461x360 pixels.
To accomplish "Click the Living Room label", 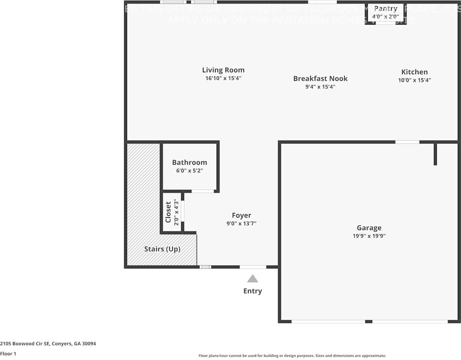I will click(x=223, y=70).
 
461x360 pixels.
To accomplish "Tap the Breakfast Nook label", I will click(x=320, y=78).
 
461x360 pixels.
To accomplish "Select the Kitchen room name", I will click(x=414, y=72).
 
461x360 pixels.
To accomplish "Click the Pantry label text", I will click(x=386, y=8).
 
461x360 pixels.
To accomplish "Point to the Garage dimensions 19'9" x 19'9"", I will click(x=369, y=236).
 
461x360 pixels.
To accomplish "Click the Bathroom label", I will click(x=189, y=162).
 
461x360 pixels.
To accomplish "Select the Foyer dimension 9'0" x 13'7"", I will click(x=241, y=223).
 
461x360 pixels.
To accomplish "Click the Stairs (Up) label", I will click(x=162, y=249).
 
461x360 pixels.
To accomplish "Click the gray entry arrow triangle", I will click(x=252, y=278).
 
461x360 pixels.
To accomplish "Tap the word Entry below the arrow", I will click(x=252, y=291).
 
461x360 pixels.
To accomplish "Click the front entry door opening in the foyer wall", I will click(x=253, y=267).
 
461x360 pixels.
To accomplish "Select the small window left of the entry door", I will click(x=205, y=267).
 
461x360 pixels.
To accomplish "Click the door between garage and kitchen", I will click(x=407, y=142).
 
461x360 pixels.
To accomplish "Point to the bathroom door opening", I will click(x=202, y=191).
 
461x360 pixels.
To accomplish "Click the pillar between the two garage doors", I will click(x=368, y=322).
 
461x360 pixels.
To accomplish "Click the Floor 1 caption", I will click(x=8, y=354).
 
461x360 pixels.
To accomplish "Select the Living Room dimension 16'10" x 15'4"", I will click(x=223, y=78).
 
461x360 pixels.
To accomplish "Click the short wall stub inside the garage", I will click(x=435, y=154).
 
